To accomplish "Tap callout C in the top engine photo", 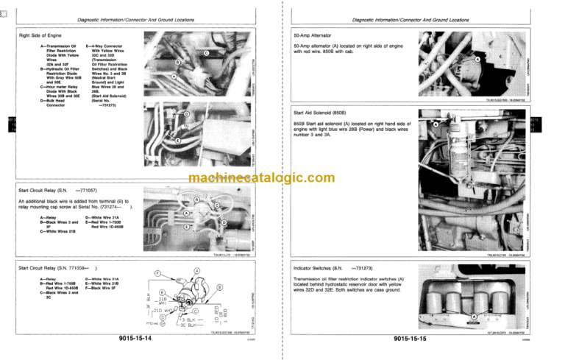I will [x=206, y=53].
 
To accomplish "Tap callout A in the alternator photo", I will [x=477, y=59].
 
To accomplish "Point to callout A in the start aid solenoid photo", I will [x=436, y=125].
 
